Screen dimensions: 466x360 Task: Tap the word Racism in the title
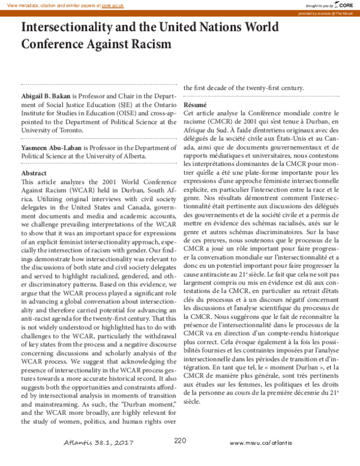tap(143, 44)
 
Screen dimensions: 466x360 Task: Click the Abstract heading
tap(34, 172)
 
